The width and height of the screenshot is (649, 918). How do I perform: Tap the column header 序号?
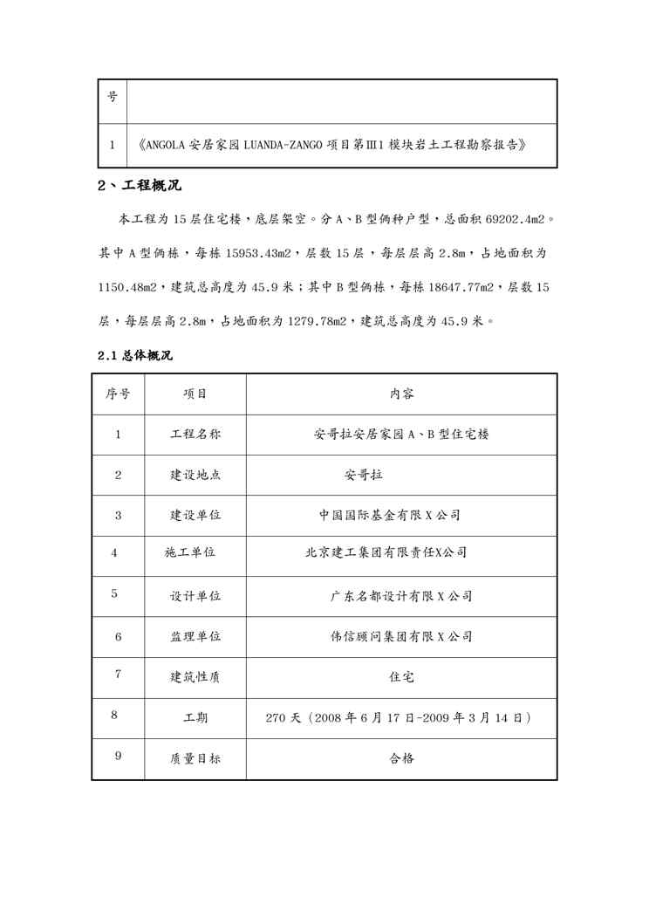click(118, 394)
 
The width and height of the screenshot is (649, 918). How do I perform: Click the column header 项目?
click(195, 394)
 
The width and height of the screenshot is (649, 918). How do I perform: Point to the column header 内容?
click(401, 394)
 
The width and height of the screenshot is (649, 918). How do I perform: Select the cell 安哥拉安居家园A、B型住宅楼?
click(400, 435)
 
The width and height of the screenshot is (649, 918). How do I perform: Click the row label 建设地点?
click(195, 475)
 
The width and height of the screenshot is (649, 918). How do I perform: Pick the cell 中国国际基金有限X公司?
click(389, 515)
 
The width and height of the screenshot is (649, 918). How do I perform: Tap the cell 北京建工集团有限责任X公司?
click(386, 552)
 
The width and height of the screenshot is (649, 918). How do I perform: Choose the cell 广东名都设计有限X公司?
click(401, 597)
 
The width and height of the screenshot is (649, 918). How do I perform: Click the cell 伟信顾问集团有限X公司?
click(401, 637)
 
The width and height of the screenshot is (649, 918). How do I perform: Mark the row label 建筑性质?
click(195, 676)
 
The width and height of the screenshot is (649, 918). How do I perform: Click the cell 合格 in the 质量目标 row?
click(401, 758)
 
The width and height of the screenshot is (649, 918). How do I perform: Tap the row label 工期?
click(195, 718)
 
